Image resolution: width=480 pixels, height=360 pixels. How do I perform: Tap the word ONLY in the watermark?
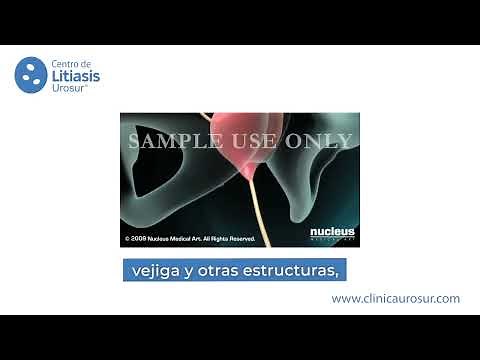[320, 141]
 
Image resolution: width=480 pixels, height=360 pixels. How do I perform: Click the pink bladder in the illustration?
[241, 140]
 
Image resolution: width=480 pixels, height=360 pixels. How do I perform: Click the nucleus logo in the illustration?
[332, 233]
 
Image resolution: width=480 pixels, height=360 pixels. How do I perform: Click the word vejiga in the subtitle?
[155, 271]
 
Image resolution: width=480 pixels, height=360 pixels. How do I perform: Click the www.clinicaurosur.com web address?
[395, 298]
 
